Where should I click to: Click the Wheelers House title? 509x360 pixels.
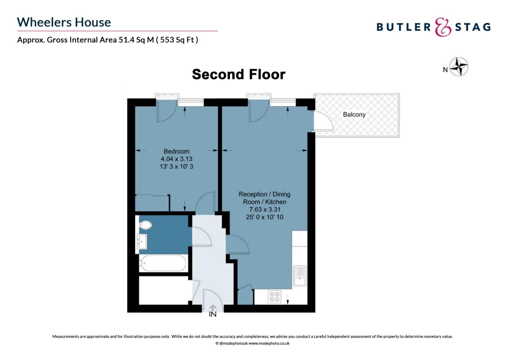[64, 22]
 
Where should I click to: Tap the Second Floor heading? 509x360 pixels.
[239, 74]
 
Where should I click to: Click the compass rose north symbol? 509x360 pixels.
[459, 67]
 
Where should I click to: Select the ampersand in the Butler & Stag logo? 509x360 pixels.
[443, 27]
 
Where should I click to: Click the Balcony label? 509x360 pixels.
[354, 114]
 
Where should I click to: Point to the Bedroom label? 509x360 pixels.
[176, 151]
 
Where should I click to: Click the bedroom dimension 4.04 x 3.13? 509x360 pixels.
[176, 159]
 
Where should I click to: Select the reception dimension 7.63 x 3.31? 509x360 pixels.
[265, 209]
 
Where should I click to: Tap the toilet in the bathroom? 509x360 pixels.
[145, 225]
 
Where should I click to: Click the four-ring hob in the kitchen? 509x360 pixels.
[274, 297]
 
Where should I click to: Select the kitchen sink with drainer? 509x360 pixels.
[300, 276]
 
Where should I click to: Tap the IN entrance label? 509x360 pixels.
[213, 314]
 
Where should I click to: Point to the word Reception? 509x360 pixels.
[253, 194]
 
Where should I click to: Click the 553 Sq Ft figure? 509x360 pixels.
[177, 40]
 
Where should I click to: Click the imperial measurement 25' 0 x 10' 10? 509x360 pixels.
[265, 217]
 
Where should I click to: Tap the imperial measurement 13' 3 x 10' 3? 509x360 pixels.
[176, 166]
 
